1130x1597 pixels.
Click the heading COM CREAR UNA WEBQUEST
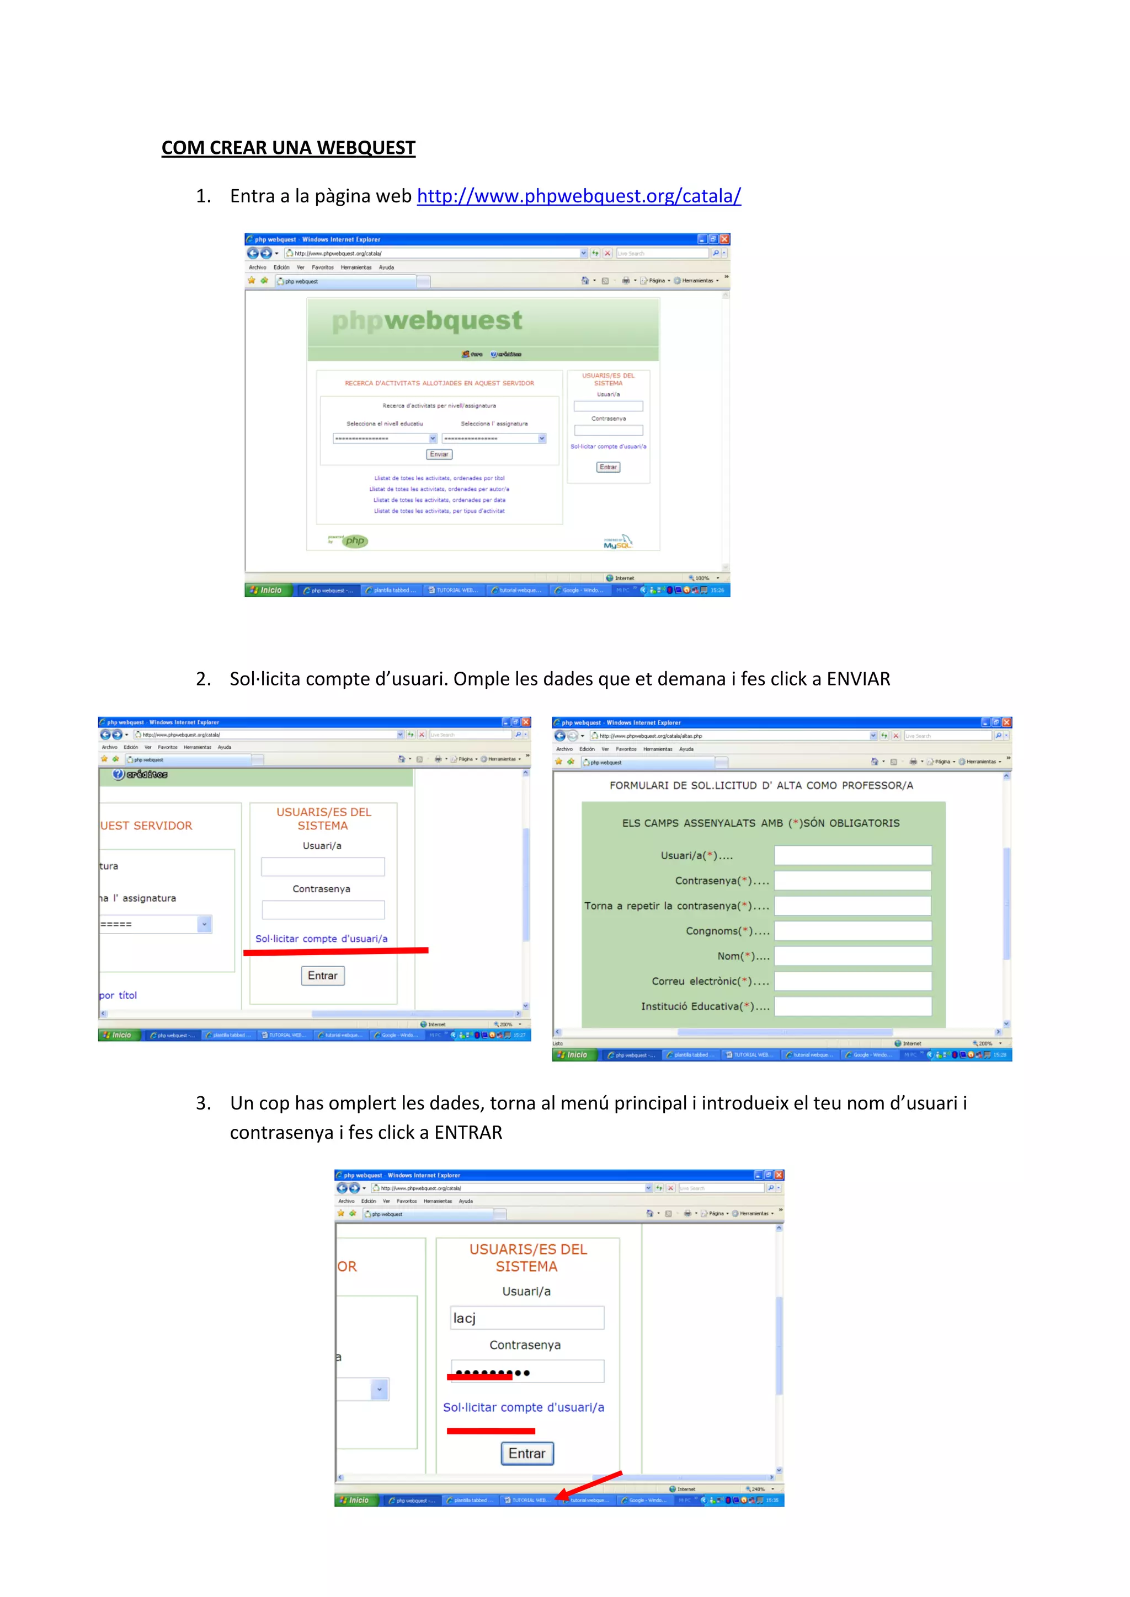pos(288,148)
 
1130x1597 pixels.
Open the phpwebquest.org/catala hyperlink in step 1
pos(578,196)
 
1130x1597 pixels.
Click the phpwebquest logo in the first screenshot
pos(427,320)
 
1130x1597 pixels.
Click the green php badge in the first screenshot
pos(355,541)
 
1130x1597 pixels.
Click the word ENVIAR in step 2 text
pos(858,679)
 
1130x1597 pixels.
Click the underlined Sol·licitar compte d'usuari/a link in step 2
pos(322,939)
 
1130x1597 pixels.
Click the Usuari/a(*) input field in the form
pos(852,855)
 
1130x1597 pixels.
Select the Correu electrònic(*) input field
pos(852,982)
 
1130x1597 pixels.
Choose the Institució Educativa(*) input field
pos(852,1006)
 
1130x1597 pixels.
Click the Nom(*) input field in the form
pos(852,956)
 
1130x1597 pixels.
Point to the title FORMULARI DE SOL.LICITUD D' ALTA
pos(761,785)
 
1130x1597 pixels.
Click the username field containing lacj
pos(527,1318)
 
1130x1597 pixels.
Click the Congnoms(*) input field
pos(852,931)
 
